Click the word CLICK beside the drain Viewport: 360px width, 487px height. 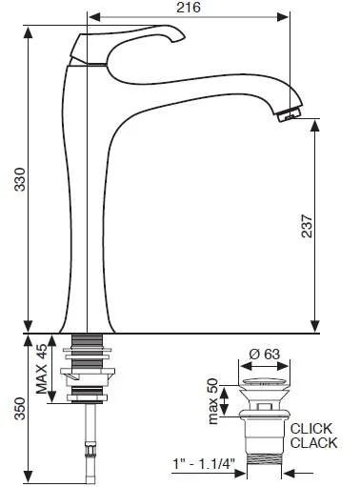311,428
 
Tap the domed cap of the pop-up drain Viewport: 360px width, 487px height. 266,380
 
